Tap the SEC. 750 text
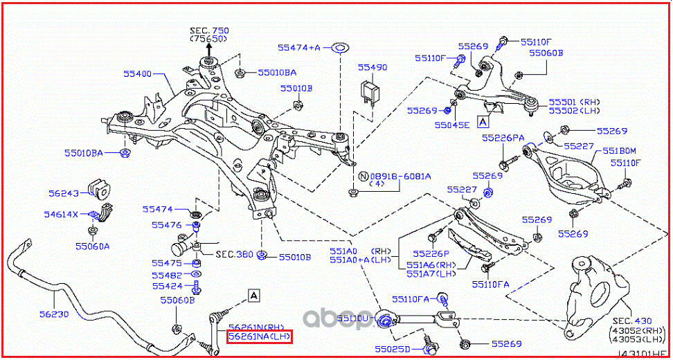point(210,30)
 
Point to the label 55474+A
point(300,48)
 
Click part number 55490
point(373,68)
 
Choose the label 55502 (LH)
point(575,111)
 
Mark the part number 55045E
point(452,125)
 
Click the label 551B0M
point(618,151)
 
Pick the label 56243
point(64,195)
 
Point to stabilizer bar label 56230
point(53,313)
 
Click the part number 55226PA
point(503,138)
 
